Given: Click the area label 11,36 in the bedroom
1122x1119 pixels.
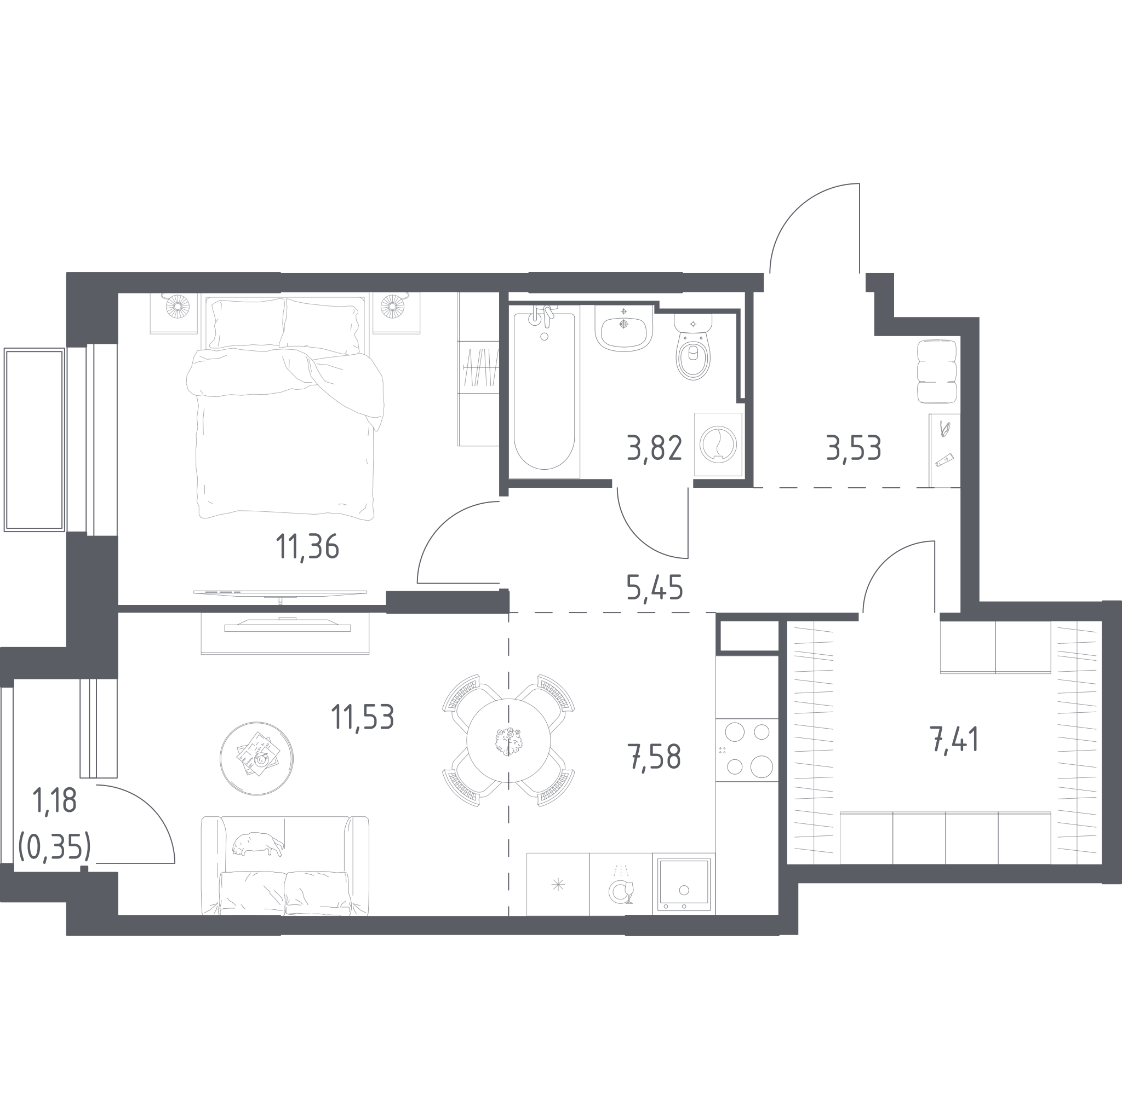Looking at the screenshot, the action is [307, 547].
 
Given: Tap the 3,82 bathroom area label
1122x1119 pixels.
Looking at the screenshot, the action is [655, 448].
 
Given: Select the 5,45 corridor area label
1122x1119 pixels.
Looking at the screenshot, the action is [655, 587].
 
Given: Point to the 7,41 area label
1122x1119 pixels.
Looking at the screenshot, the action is [955, 740].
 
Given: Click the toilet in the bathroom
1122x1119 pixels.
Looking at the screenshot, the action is [693, 347].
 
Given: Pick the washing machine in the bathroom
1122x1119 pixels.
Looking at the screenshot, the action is [718, 445].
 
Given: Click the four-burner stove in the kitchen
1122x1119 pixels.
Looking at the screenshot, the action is [747, 750].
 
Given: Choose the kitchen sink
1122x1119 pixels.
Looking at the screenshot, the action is [684, 885].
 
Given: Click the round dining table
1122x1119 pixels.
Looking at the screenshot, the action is [508, 741].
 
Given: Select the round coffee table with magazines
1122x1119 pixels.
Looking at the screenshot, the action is [257, 758].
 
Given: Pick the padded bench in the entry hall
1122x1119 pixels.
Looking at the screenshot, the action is [937, 372].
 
